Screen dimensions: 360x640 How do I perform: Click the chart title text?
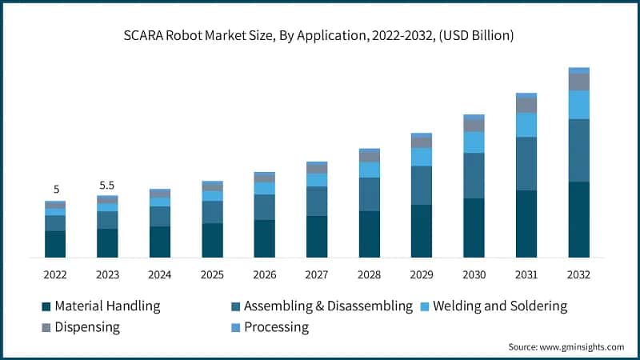click(320, 35)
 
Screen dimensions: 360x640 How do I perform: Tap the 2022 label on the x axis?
click(55, 274)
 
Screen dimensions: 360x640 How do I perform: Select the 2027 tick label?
click(317, 274)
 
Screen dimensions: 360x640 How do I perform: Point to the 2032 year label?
click(578, 274)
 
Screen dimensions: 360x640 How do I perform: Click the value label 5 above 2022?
click(56, 190)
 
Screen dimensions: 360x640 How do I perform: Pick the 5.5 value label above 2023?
click(107, 185)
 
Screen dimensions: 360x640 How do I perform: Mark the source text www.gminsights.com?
click(566, 347)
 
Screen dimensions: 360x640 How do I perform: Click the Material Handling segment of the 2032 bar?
click(578, 219)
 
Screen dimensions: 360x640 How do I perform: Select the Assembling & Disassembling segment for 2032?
click(578, 150)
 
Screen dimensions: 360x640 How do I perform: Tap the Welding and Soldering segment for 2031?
click(526, 125)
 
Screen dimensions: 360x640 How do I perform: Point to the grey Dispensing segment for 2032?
click(578, 82)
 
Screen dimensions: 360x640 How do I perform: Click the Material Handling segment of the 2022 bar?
click(55, 244)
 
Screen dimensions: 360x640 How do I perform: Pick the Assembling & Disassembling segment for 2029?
click(422, 186)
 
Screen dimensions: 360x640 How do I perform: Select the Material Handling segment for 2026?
click(265, 238)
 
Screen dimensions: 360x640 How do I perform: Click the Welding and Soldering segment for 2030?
click(474, 142)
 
